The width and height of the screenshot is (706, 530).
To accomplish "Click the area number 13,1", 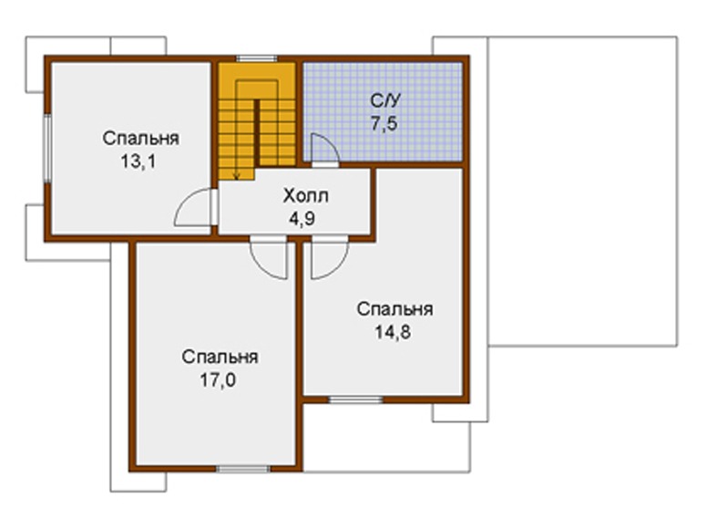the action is pos(138,161).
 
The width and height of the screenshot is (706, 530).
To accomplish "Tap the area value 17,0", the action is pos(218,380).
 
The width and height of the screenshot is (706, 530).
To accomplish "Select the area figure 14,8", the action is pos(393,332).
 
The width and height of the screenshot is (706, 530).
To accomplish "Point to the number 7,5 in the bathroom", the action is pos(384,122).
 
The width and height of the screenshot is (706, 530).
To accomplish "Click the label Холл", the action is pos(306,196).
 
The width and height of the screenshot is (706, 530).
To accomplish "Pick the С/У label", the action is pos(384,100).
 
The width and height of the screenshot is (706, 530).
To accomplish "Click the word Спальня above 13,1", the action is pos(141,139).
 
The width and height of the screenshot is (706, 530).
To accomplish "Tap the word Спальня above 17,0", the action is pos(220,358).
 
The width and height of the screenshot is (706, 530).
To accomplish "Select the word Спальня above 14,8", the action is pos(395,309).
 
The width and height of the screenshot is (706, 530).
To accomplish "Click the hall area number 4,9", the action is pos(302,219).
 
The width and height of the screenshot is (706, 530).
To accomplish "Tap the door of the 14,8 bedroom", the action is pos(339,266).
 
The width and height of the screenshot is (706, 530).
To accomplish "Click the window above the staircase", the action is pos(257,58).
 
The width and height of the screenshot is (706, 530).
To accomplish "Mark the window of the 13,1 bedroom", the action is pos(46,149).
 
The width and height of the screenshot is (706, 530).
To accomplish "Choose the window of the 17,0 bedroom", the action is pos(243,469).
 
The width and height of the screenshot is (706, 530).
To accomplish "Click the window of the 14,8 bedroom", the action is pos(355,400).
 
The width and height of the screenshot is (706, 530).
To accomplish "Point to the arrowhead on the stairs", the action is pos(236,175).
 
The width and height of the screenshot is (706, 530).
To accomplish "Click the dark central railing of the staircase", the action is pos(257,134).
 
